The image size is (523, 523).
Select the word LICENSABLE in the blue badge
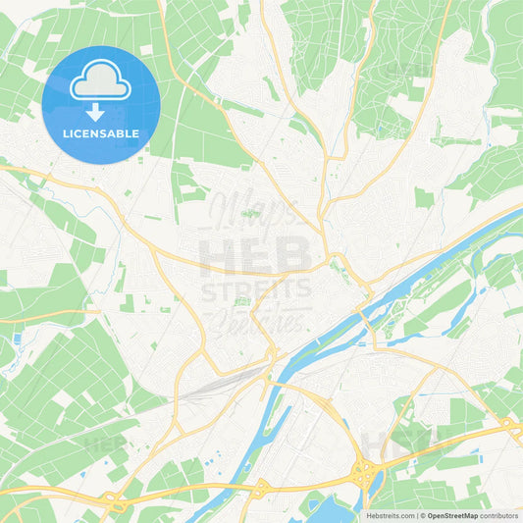101,132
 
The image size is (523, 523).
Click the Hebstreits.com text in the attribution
390,514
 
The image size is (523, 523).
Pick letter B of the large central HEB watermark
294,257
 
